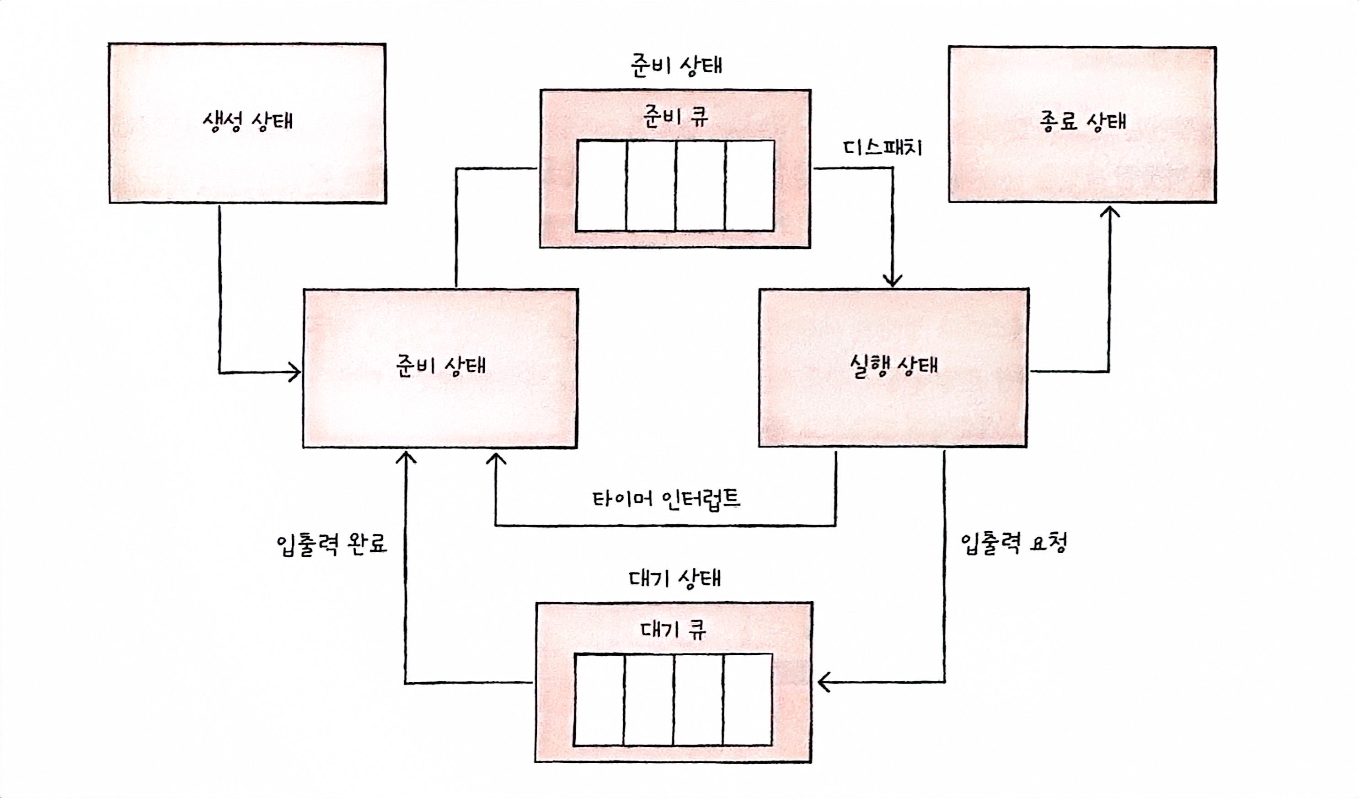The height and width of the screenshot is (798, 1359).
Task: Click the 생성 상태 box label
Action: pyautogui.click(x=247, y=121)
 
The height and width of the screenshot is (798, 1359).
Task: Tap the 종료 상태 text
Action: pyautogui.click(x=1082, y=121)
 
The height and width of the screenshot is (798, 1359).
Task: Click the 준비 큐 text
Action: pyautogui.click(x=675, y=116)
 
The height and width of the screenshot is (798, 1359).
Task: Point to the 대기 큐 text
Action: pyautogui.click(x=673, y=629)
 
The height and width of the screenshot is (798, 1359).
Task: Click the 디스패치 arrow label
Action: pyautogui.click(x=882, y=147)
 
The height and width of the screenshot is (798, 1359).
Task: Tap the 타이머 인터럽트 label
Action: pyautogui.click(x=667, y=499)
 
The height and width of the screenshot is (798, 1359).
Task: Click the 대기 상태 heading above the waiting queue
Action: pyautogui.click(x=674, y=578)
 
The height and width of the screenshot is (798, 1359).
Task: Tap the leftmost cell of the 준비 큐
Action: pyautogui.click(x=601, y=186)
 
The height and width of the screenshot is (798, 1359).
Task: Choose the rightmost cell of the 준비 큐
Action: pyautogui.click(x=749, y=186)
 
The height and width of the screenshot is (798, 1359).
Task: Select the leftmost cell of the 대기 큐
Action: pyautogui.click(x=599, y=699)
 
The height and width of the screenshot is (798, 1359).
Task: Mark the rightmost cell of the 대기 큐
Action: pyautogui.click(x=748, y=699)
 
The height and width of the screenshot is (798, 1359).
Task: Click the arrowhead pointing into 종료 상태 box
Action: pyautogui.click(x=1109, y=211)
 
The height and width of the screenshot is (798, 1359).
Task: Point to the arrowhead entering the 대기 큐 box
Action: pyautogui.click(x=824, y=683)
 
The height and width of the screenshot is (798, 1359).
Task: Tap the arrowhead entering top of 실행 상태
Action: pyautogui.click(x=892, y=280)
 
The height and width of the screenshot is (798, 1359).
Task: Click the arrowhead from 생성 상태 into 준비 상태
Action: pyautogui.click(x=294, y=372)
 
